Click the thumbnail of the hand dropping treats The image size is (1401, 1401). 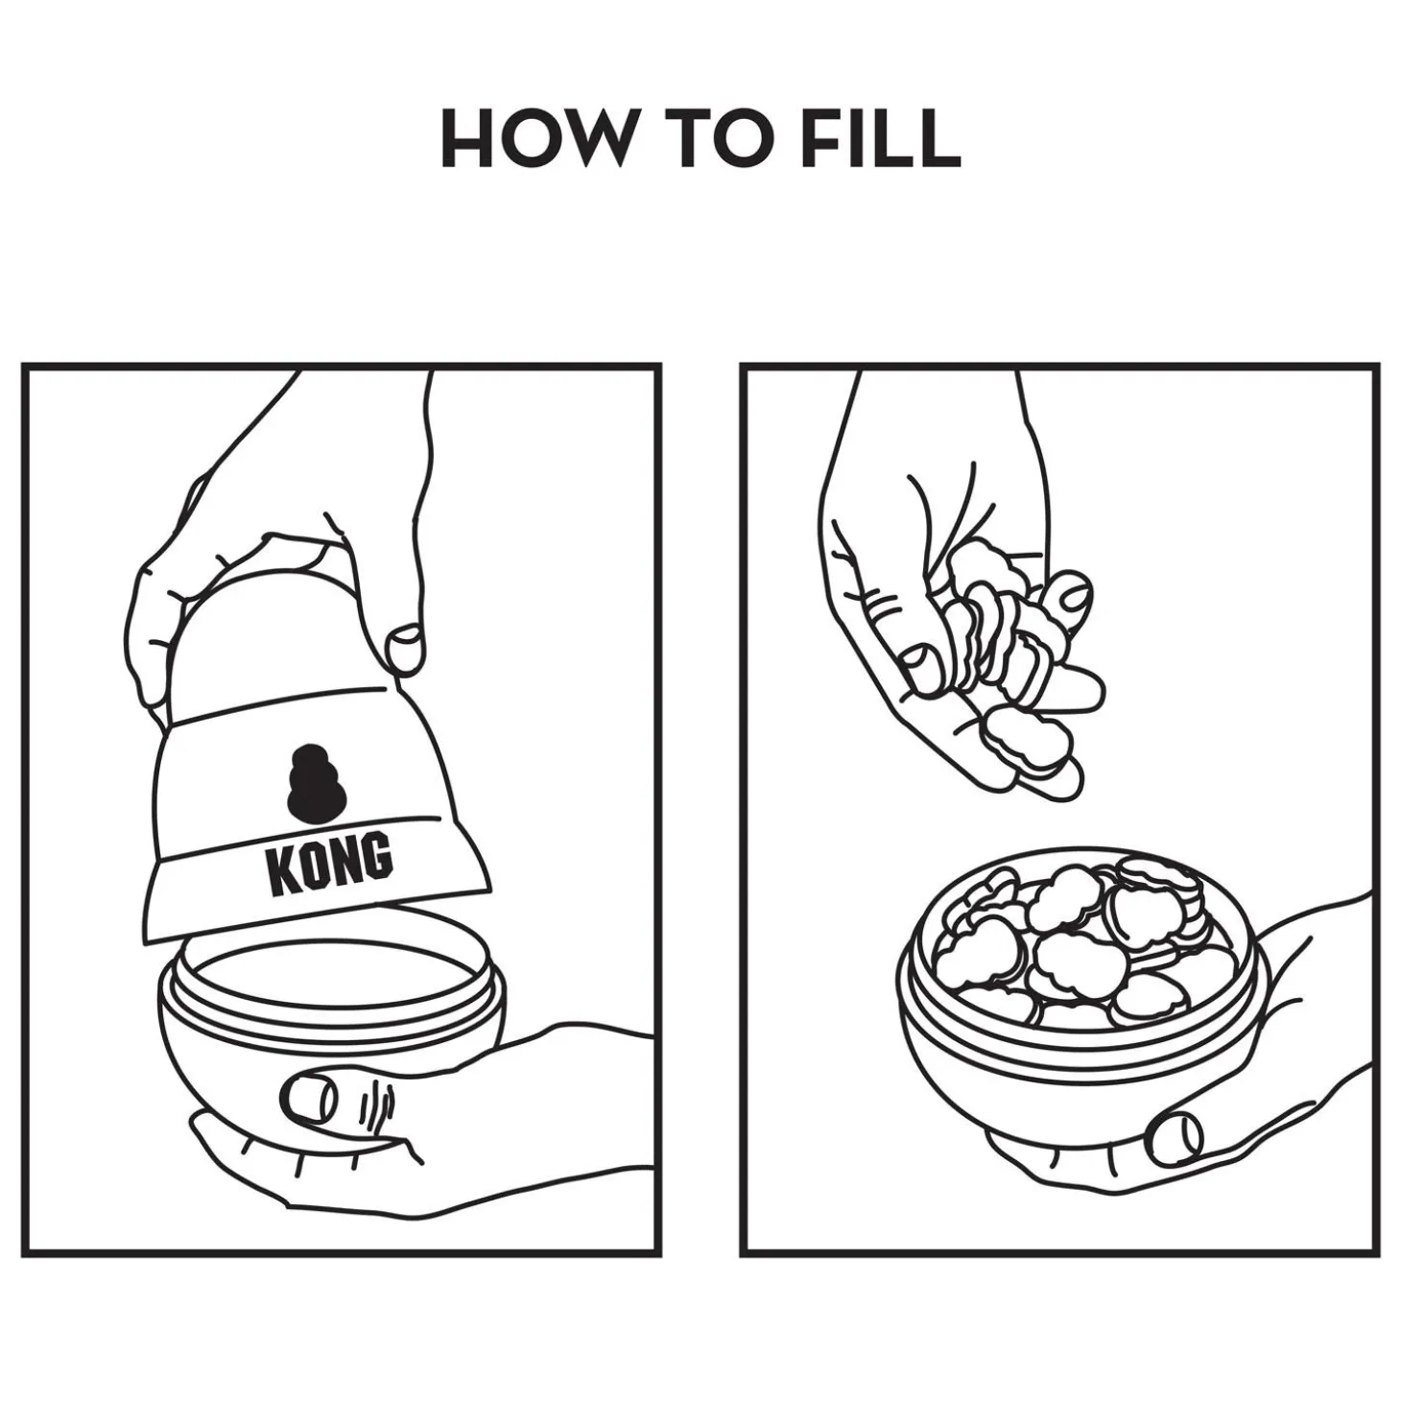tap(920, 664)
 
